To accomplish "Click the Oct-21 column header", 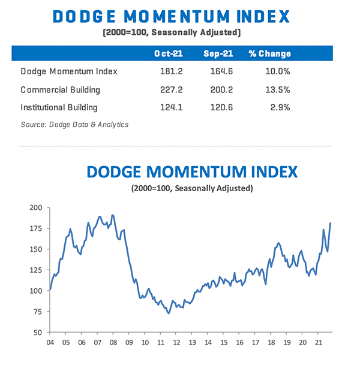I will tap(168, 54).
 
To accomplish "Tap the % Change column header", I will tap(269, 54).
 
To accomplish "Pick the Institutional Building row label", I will tap(59, 108).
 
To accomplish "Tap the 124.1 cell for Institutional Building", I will tap(167, 108).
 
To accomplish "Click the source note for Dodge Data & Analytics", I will tap(74, 125).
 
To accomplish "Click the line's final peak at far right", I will tap(331, 223).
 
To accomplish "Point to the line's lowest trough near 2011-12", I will tap(168, 313).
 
